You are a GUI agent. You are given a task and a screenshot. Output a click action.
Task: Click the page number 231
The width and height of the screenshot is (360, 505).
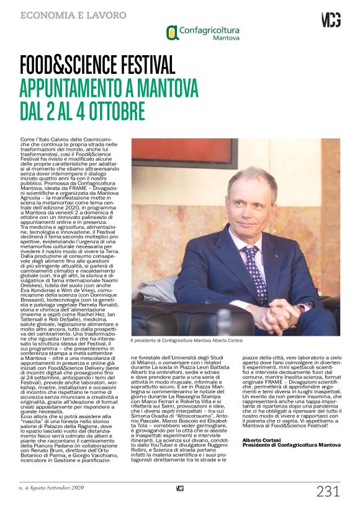328,491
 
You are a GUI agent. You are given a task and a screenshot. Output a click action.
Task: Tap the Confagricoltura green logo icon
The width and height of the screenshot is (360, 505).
172,33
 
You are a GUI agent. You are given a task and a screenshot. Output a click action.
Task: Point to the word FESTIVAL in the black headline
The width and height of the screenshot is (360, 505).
137,65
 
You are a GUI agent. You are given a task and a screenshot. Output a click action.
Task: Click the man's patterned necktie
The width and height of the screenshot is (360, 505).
254,273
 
